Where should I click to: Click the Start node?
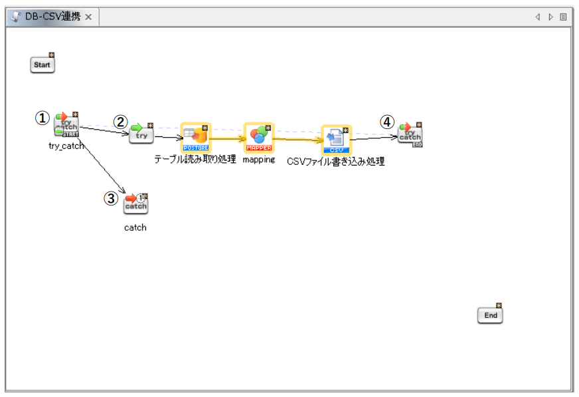tap(42, 65)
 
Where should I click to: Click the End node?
tap(490, 315)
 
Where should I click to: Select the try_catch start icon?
tap(66, 124)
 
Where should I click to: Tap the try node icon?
tap(141, 134)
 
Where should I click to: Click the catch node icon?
tap(135, 204)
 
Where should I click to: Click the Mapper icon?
tap(258, 137)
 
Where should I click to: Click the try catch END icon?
tap(410, 134)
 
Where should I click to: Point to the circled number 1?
tap(42, 118)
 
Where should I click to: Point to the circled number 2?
tap(120, 122)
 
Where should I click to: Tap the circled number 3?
tap(112, 198)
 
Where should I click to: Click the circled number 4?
tap(387, 122)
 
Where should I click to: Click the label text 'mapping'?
tap(258, 160)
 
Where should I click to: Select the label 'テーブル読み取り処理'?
tap(195, 160)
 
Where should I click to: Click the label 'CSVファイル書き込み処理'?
tap(336, 162)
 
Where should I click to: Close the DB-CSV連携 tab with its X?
tap(88, 17)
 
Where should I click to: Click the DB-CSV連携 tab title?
tap(52, 17)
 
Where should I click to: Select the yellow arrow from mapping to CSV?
tap(297, 140)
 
